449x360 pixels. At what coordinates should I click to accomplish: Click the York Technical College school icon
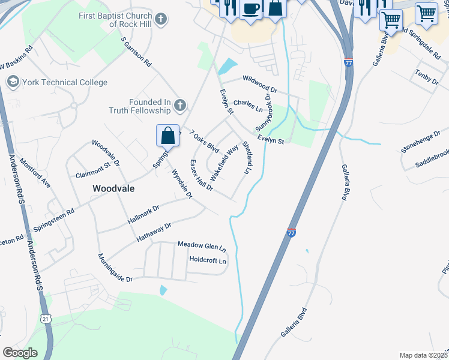coord(11,81)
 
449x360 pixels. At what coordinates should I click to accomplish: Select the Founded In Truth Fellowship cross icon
coord(179,107)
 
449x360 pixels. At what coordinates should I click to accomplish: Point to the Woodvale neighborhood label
coord(113,188)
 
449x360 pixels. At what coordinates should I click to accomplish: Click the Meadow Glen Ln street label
coord(202,246)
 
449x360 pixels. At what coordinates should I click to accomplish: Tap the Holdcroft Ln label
coord(208,261)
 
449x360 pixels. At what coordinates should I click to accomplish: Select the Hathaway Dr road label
coord(154,231)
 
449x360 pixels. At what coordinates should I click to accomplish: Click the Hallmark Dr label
coord(143,214)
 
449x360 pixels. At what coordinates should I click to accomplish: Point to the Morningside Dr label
coord(115,268)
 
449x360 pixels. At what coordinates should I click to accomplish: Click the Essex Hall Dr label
coord(201,175)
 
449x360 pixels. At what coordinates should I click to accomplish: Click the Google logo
coord(20,352)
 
